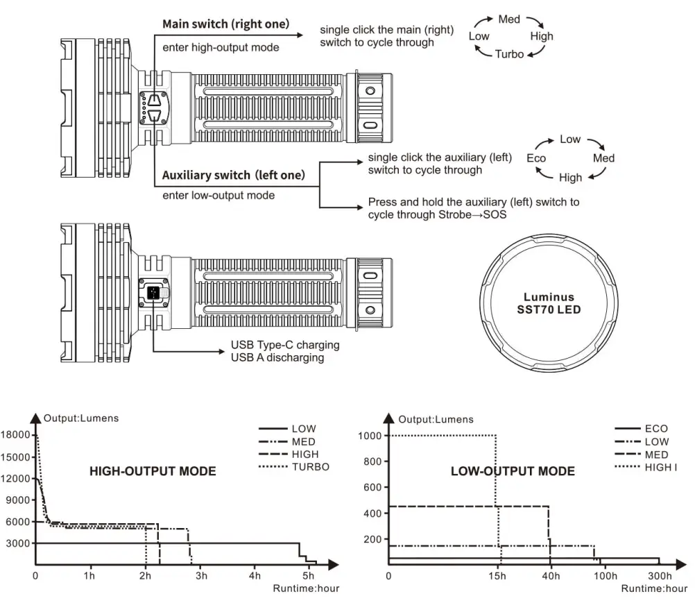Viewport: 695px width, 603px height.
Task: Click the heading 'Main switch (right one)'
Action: click(x=225, y=24)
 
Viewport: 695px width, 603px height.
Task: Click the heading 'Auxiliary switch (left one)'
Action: click(x=233, y=175)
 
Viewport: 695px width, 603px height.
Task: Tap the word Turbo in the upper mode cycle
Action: click(x=509, y=54)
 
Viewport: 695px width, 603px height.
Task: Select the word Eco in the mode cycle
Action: click(x=536, y=158)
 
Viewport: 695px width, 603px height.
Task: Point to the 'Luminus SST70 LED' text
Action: click(x=549, y=303)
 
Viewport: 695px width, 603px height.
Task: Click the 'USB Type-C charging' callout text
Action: click(x=285, y=345)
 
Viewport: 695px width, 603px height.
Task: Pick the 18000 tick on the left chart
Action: click(x=16, y=435)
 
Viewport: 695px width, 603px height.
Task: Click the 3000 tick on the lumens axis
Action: click(x=19, y=543)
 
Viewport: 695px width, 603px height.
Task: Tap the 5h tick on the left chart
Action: click(x=309, y=576)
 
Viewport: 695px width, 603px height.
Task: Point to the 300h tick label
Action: click(x=660, y=576)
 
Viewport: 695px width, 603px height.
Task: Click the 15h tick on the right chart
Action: click(x=497, y=576)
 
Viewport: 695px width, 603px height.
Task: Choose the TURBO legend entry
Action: click(x=310, y=467)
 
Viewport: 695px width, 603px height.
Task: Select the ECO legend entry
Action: click(x=656, y=429)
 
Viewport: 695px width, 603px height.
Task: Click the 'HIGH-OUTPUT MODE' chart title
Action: click(x=153, y=472)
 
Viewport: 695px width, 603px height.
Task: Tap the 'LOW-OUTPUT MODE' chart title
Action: click(x=513, y=472)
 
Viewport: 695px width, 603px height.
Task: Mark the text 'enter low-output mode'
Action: click(x=218, y=196)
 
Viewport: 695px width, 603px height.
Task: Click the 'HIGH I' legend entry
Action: click(x=660, y=467)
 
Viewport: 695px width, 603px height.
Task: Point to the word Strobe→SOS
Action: click(x=472, y=214)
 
